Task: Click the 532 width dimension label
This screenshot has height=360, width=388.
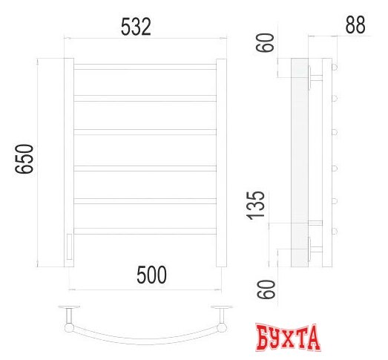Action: point(136,27)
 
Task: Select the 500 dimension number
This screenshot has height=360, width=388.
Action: point(151,275)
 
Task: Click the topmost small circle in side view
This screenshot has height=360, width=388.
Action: point(335,67)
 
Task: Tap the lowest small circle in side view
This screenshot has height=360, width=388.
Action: point(335,232)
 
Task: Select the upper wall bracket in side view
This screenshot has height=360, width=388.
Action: point(315,75)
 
